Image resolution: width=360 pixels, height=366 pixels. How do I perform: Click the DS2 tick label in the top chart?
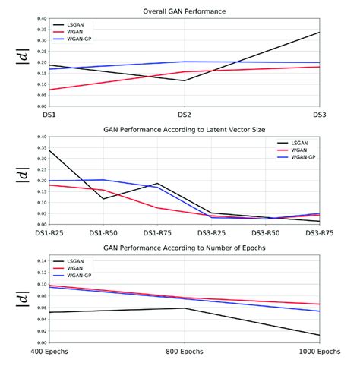[184, 114]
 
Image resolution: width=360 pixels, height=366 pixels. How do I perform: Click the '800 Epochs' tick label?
[184, 352]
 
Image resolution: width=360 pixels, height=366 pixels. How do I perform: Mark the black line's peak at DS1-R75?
[156, 183]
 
